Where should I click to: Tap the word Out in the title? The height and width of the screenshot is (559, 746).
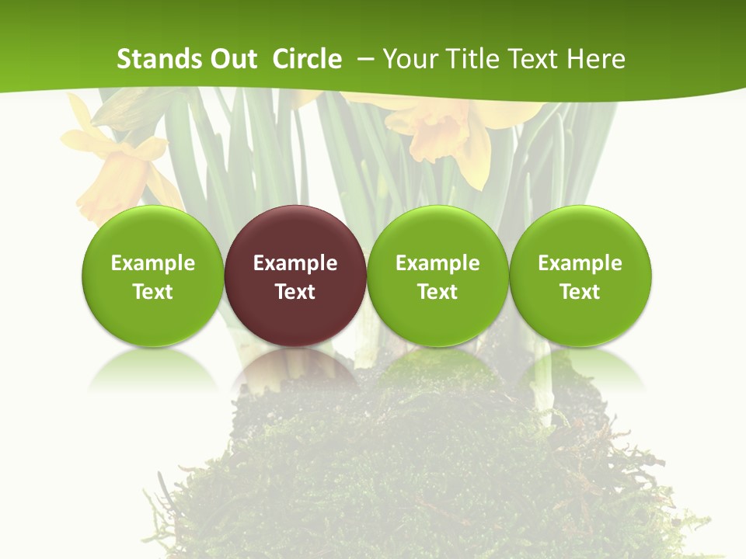pos(232,59)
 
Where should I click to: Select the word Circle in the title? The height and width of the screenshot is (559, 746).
pos(307,59)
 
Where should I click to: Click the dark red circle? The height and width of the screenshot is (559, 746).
pos(295,276)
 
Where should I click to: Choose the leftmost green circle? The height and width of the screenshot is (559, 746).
pos(152,276)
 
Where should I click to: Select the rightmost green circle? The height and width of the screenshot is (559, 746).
pos(580,276)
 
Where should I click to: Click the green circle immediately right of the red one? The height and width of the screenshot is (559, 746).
pos(437,276)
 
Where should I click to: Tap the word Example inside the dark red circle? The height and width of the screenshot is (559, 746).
pos(295,263)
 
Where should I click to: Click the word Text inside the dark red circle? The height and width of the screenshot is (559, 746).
pos(295,292)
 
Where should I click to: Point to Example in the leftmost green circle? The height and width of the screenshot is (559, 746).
pos(152,263)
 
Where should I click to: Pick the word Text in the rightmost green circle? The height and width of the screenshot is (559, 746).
pos(580,292)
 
